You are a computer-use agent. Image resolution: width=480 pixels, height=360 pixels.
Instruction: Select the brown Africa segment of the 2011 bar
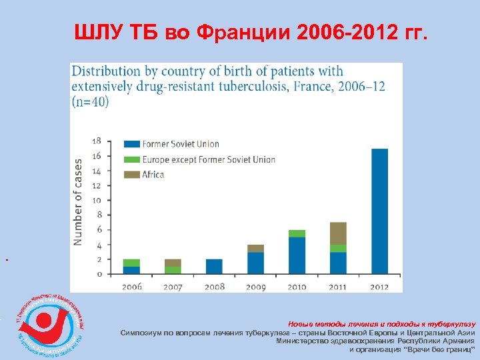point(338,233)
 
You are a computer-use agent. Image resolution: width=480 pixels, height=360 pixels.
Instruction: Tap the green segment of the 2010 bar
point(297,233)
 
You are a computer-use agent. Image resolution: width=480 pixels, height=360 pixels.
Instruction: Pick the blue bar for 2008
point(214,266)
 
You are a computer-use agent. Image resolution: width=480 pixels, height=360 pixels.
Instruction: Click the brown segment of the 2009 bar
point(255,248)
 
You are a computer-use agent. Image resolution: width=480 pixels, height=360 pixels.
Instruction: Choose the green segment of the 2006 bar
point(131,263)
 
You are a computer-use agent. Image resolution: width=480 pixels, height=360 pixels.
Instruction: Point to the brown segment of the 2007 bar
point(173,263)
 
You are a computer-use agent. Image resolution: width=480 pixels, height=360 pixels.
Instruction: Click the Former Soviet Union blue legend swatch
point(131,144)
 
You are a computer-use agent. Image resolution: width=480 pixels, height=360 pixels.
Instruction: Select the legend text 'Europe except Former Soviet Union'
point(209,159)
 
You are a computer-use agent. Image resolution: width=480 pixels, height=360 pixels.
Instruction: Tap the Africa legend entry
point(153,174)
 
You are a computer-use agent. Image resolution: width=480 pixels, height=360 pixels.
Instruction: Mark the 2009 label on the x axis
point(255,286)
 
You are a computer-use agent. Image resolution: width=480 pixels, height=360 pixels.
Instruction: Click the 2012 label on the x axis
point(379,286)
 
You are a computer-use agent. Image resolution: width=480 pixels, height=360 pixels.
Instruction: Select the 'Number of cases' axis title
point(79,201)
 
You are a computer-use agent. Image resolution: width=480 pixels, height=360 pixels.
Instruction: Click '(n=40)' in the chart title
point(91,101)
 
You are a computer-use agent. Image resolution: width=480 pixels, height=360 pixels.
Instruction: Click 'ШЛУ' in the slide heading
point(97,33)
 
